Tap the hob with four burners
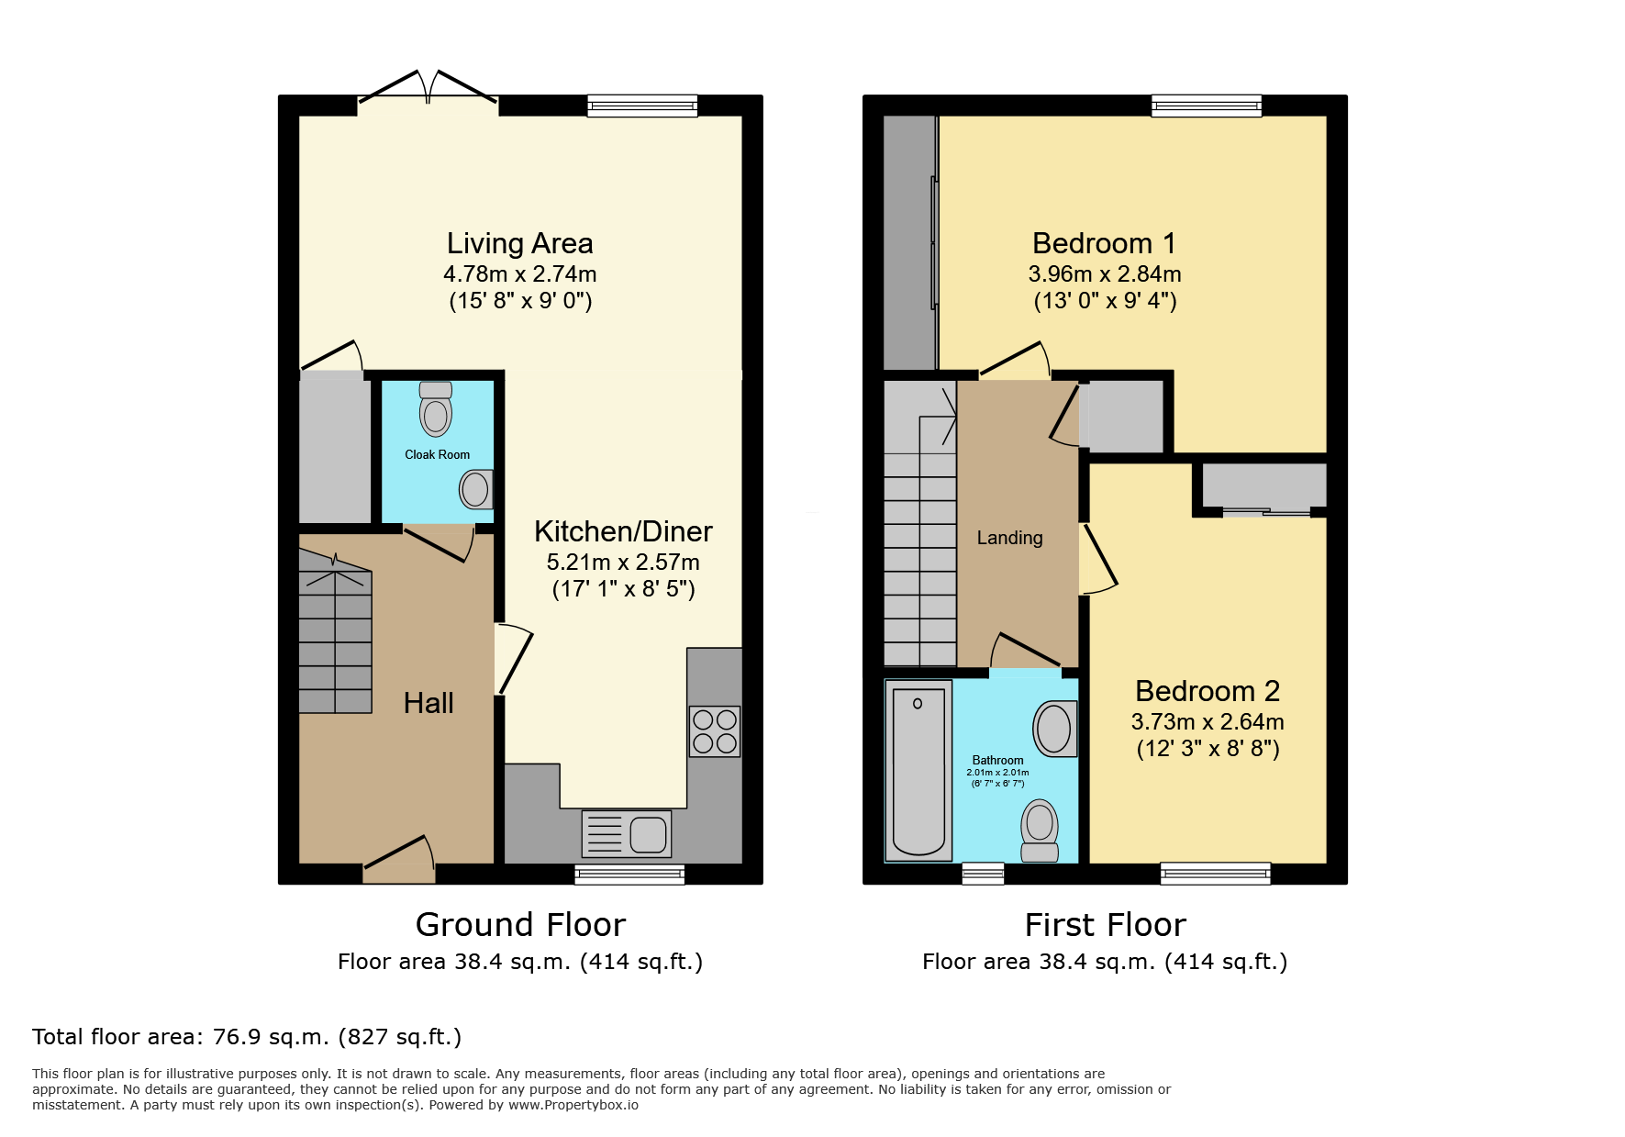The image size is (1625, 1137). tap(715, 731)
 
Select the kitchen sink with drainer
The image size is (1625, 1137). tap(627, 833)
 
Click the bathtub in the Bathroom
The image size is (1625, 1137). tap(918, 771)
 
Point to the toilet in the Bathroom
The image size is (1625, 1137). tap(1040, 830)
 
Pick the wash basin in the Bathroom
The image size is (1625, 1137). tap(1055, 729)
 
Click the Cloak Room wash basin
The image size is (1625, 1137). tap(476, 489)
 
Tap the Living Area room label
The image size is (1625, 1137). tap(520, 243)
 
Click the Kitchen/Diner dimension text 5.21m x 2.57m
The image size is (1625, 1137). tap(623, 562)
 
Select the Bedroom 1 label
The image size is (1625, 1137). tap(1104, 243)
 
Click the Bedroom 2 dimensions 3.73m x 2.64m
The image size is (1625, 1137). tap(1208, 721)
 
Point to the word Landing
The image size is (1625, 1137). tap(1009, 538)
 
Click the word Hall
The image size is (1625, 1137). tap(429, 703)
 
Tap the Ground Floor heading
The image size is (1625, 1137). tap(520, 924)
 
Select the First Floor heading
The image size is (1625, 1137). tap(1105, 924)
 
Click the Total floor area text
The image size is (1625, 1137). tap(247, 1037)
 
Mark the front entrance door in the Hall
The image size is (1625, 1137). tap(399, 861)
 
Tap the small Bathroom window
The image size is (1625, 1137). tap(983, 874)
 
